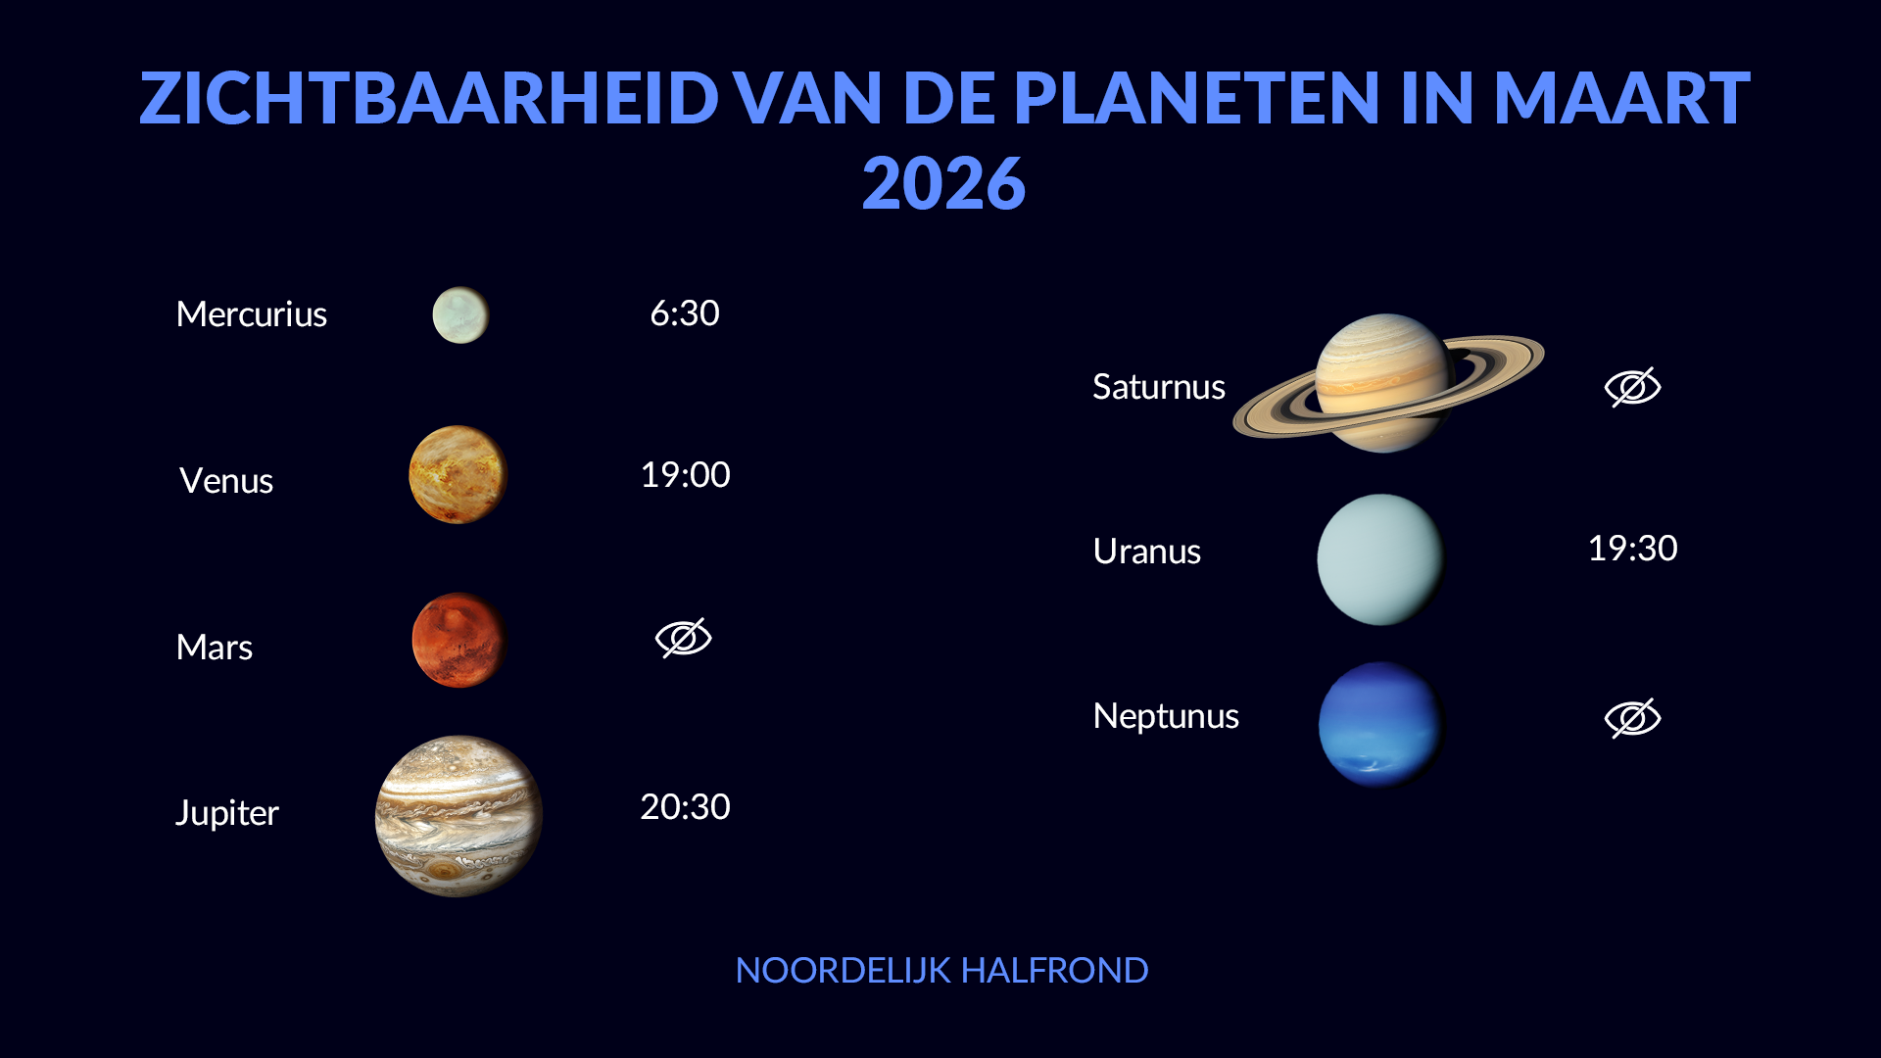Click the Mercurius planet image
[460, 314]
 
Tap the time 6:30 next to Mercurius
[685, 313]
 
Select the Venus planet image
[458, 474]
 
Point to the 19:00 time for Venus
[685, 475]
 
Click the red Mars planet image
[458, 640]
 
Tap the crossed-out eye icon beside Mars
[684, 638]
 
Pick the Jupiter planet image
[458, 815]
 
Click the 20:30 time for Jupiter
[685, 807]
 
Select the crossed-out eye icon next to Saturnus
[1633, 387]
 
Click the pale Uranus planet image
[1380, 559]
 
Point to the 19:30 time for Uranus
[1633, 549]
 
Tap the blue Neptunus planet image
[1380, 725]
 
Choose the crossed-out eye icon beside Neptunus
[1633, 718]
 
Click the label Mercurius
[252, 314]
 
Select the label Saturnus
[1159, 387]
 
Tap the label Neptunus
[1166, 716]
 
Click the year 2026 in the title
[943, 184]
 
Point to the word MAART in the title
[1621, 99]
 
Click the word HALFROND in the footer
[1054, 971]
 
